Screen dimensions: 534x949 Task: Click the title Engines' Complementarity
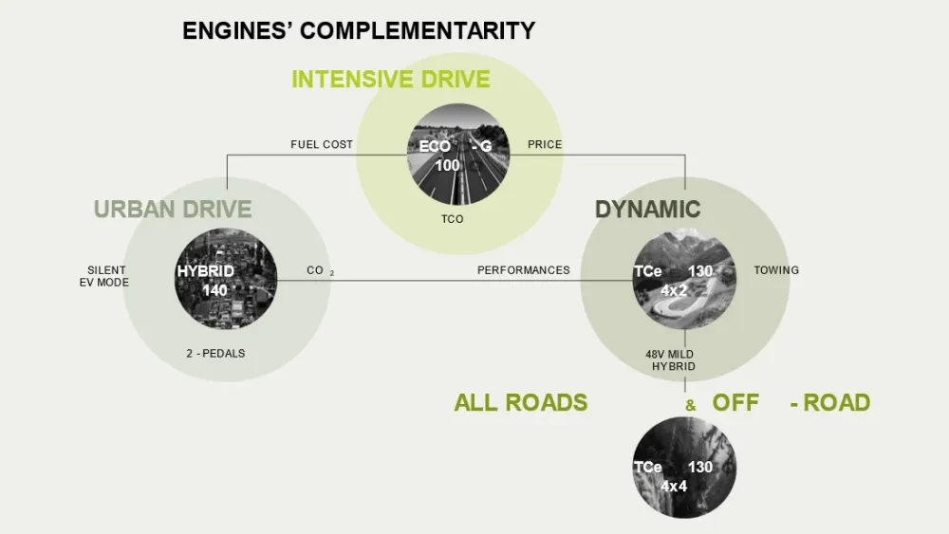[359, 30]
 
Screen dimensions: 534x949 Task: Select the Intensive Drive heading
[390, 79]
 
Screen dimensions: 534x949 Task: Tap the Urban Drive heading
[173, 209]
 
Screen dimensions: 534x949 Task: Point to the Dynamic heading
[647, 209]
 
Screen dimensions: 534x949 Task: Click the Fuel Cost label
[322, 145]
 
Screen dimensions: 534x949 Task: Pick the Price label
[545, 145]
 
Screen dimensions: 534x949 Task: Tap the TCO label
[453, 219]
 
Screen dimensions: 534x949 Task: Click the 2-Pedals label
[215, 354]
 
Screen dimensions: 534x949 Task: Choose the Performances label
[523, 270]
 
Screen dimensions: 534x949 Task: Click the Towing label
[776, 270]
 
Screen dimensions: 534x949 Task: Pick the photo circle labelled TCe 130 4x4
[684, 468]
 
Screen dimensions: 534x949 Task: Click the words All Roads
[520, 402]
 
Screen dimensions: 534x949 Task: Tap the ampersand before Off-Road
[691, 405]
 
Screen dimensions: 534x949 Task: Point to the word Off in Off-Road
[735, 402]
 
